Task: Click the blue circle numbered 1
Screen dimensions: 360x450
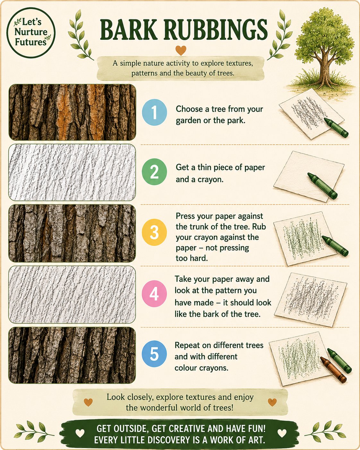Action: [x=154, y=112]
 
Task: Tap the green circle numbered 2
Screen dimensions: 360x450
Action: [x=154, y=172]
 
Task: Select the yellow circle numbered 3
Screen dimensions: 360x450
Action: [x=154, y=232]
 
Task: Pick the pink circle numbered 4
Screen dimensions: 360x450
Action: [x=154, y=294]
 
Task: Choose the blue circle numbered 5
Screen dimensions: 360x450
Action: [x=154, y=354]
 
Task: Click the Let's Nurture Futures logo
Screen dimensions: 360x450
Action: [x=31, y=33]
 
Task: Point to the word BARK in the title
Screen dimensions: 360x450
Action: [x=129, y=30]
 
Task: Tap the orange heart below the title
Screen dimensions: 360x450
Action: [x=181, y=50]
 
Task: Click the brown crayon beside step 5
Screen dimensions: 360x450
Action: [x=333, y=370]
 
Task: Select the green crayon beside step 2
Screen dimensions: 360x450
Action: [x=322, y=186]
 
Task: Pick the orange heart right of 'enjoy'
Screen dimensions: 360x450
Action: [x=272, y=402]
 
